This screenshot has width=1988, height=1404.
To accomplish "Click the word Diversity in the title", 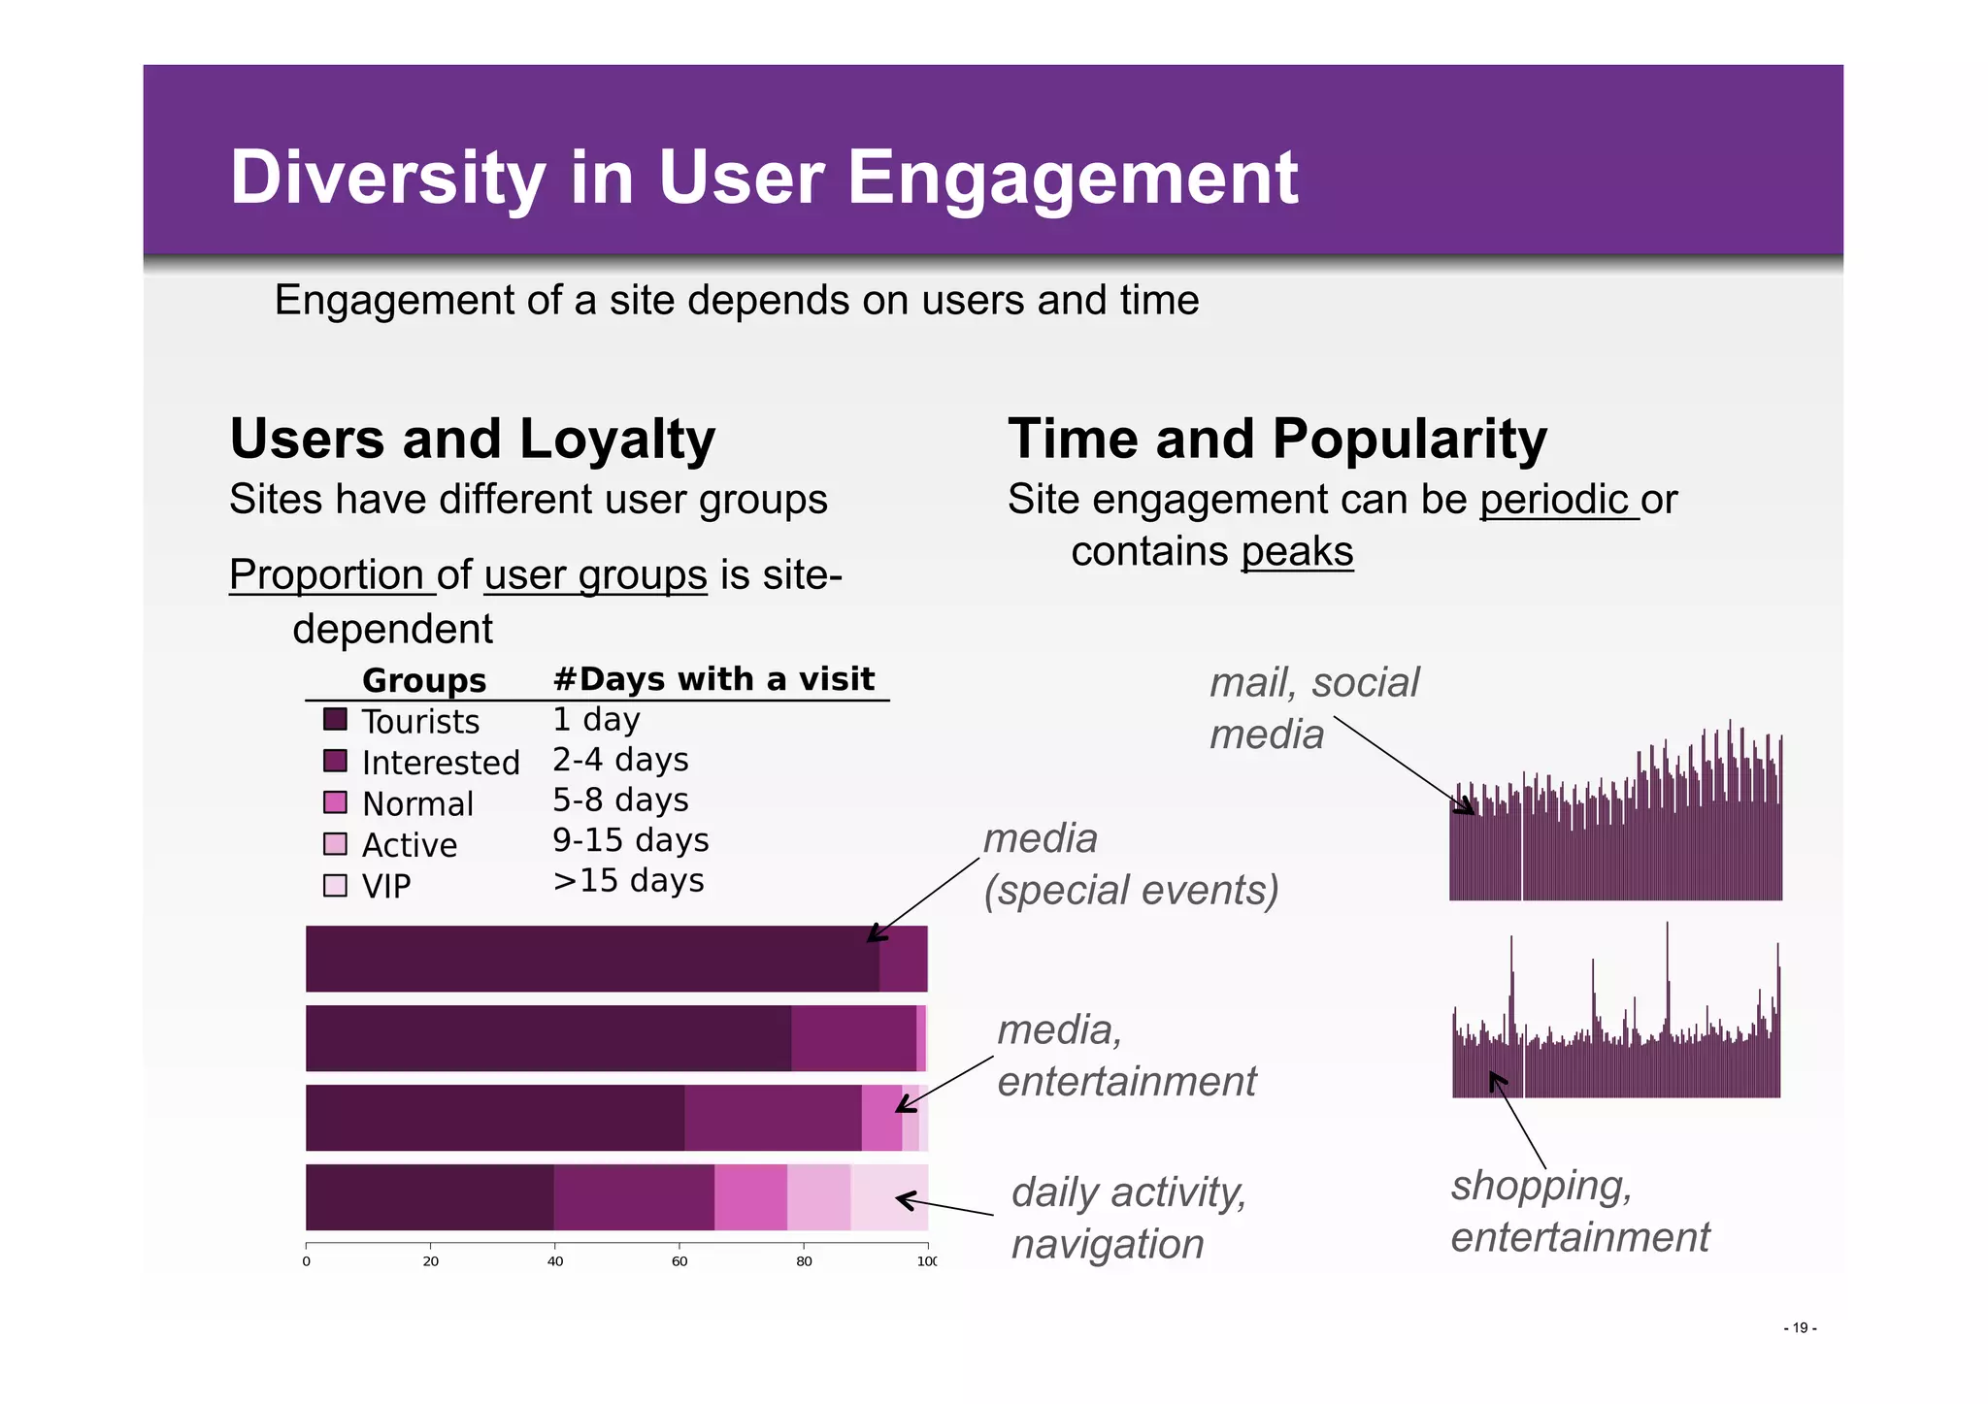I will [x=387, y=179].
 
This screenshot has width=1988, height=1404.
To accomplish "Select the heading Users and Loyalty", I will [x=472, y=439].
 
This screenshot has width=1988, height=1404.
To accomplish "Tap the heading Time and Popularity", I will [x=1276, y=439].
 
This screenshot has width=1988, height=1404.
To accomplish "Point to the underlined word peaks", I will [x=1296, y=552].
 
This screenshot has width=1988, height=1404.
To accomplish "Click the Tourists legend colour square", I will [x=335, y=720].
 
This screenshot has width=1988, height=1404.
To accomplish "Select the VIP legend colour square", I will [x=335, y=886].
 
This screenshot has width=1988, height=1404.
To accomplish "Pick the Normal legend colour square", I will [x=335, y=802].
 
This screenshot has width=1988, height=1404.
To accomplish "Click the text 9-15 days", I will [x=630, y=840].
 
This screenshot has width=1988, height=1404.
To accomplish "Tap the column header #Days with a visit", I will [x=713, y=679].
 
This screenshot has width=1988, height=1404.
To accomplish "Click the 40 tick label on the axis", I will [x=555, y=1261].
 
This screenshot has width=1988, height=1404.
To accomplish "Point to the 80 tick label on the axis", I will [x=804, y=1261].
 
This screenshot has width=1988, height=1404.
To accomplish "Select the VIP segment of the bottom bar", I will [x=888, y=1197].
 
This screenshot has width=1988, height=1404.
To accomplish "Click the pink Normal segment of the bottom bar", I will [x=750, y=1197].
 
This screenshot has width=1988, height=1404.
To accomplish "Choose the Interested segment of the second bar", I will [x=853, y=1038].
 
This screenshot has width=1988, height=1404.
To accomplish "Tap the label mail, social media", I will [x=1312, y=708].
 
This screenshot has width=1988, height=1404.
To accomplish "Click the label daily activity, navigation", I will [x=1128, y=1218].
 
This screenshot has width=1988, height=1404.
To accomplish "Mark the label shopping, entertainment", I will [x=1579, y=1211].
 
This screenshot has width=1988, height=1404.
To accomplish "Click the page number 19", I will [x=1800, y=1328].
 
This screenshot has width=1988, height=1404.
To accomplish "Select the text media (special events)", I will [x=1130, y=865].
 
